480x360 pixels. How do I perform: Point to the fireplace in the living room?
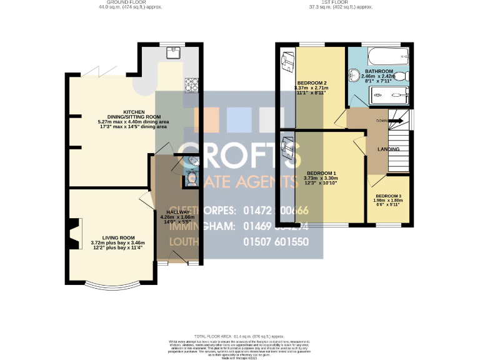pos(73,232)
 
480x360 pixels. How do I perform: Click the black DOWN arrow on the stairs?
pos(395,121)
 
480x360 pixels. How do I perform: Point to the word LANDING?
pos(389,149)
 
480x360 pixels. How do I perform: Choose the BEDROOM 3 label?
pos(389,196)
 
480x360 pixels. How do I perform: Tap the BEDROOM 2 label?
pos(311,83)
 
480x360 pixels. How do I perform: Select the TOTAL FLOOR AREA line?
pos(240,336)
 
